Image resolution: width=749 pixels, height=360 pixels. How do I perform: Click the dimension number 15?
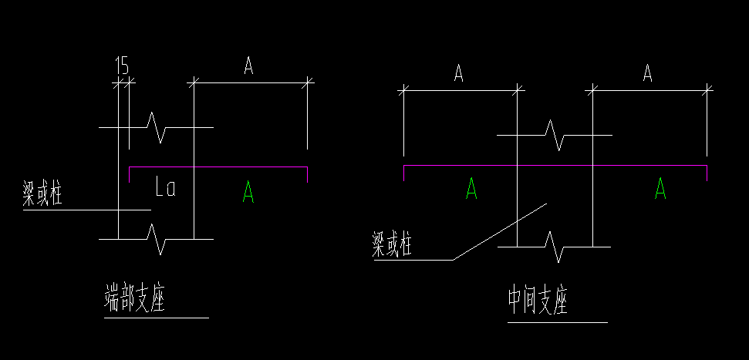(122, 66)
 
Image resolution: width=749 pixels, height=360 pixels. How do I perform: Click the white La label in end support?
(165, 187)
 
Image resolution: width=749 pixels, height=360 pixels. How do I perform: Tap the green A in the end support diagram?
(248, 190)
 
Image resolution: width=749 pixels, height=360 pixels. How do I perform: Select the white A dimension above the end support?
(248, 67)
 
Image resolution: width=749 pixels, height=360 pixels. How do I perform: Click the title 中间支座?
(538, 301)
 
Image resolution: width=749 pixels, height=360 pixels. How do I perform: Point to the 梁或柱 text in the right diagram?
(393, 246)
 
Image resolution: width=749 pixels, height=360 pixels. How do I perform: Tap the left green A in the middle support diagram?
(471, 188)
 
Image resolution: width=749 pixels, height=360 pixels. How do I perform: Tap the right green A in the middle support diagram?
(660, 188)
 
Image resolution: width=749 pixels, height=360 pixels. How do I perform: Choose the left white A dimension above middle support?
(458, 74)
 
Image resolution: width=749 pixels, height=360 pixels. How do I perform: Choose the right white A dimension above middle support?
(648, 74)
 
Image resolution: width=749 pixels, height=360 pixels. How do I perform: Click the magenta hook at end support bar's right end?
(307, 175)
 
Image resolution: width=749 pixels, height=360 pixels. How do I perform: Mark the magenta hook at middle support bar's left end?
(404, 173)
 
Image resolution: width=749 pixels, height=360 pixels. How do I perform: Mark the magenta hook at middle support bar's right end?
(707, 173)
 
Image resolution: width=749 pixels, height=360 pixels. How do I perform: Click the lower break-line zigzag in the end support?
(160, 239)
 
